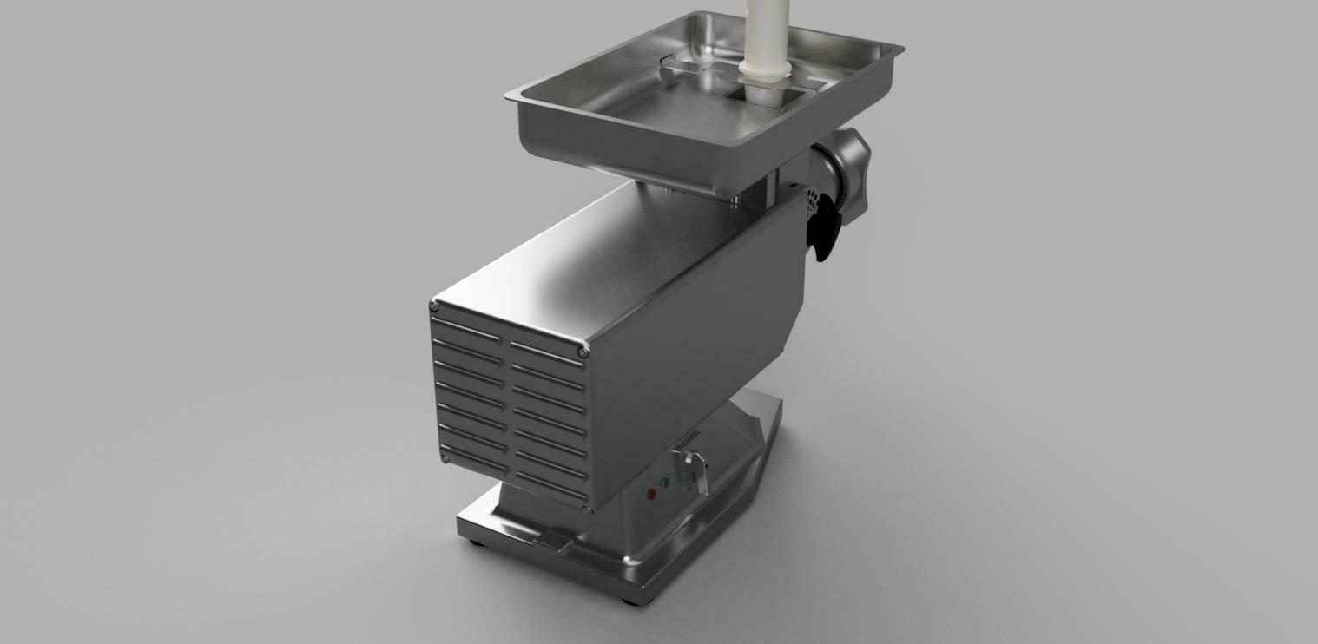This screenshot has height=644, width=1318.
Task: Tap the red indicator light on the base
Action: tap(651, 494)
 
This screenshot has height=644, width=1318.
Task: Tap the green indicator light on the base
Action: tap(665, 483)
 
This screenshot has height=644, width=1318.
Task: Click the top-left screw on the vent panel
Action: tap(433, 305)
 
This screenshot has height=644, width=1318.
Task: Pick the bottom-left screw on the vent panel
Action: tap(445, 458)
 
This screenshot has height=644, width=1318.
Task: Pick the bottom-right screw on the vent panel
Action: tap(590, 508)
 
